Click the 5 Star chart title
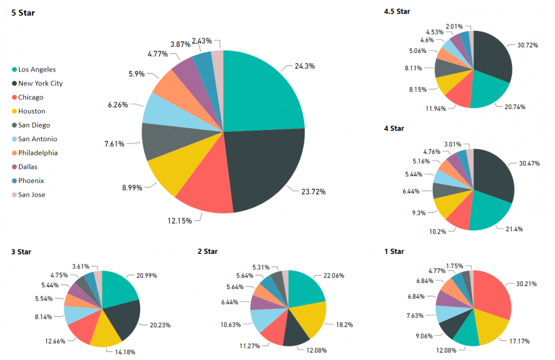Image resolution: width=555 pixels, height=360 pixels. coord(23,12)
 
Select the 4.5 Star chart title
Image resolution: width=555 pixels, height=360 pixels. coord(397,11)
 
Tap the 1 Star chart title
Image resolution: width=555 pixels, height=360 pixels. coord(393,251)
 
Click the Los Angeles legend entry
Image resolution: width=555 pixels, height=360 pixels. coord(37,70)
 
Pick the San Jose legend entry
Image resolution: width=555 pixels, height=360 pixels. coord(31,195)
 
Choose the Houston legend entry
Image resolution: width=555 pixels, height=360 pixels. coord(31,112)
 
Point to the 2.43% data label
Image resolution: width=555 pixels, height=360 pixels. coord(202,41)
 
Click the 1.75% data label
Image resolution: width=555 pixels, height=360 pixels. coord(455,266)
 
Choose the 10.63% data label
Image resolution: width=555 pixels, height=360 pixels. coord(231,324)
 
